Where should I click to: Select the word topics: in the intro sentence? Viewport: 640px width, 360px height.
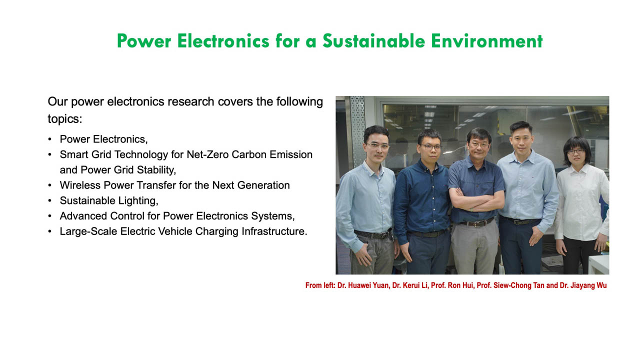(64, 119)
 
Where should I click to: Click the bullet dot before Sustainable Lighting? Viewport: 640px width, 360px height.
(49, 201)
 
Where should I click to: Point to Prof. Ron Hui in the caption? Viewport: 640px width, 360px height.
(456, 285)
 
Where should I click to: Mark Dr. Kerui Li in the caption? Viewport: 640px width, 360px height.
(413, 285)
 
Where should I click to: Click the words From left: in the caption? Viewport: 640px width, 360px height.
(320, 285)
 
